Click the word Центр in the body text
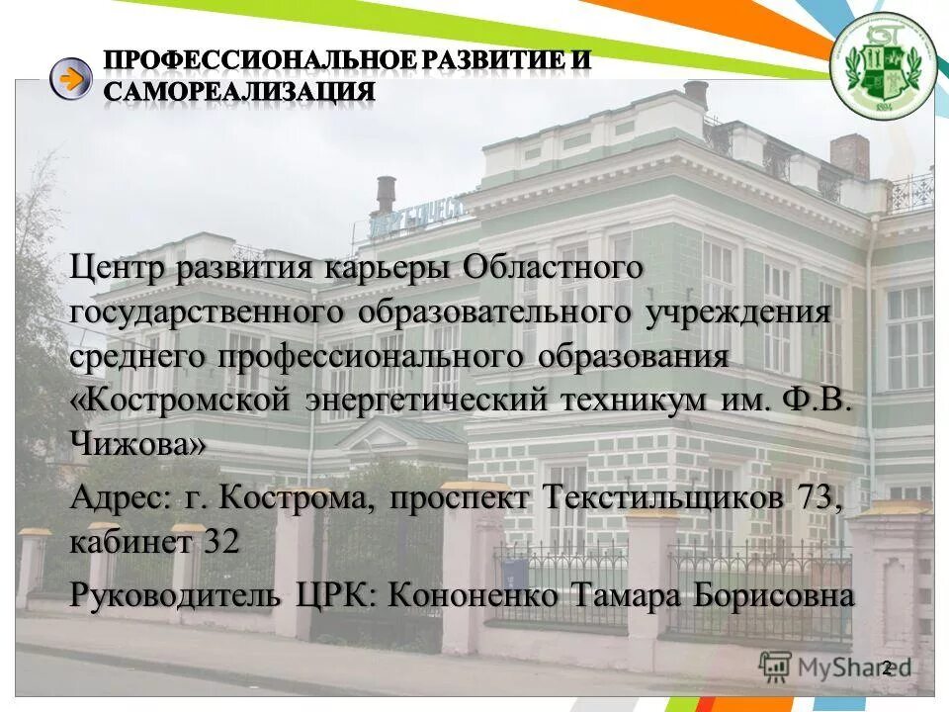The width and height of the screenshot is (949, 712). click(x=119, y=268)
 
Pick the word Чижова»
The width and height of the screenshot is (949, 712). click(x=138, y=445)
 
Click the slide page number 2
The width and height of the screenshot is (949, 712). click(x=887, y=668)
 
